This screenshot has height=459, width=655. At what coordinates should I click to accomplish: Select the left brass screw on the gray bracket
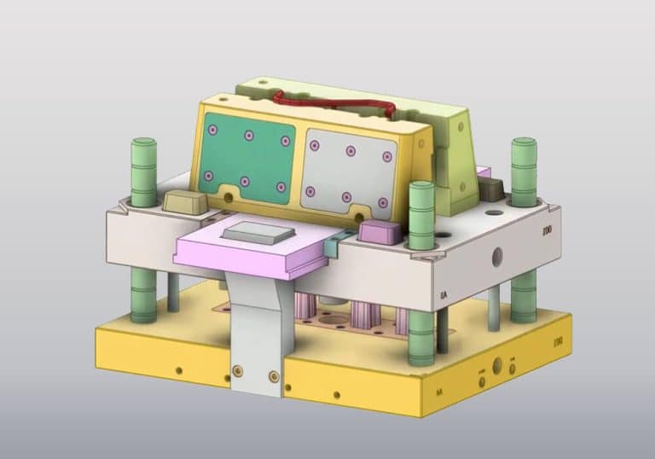pyautogui.click(x=237, y=369)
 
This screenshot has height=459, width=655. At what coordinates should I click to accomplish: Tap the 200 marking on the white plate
pyautogui.click(x=546, y=229)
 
